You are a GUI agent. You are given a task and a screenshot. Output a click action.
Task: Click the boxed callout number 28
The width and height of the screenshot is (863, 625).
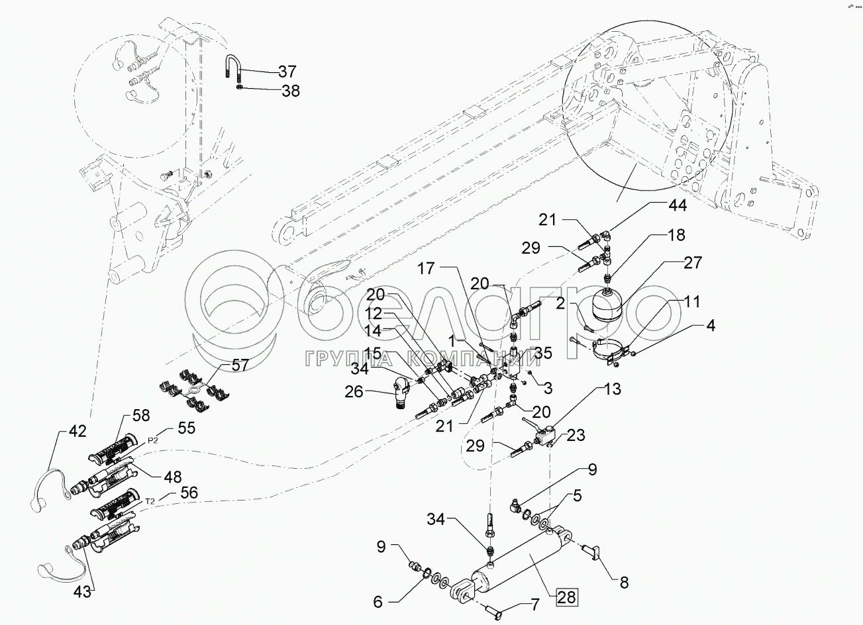click(566, 597)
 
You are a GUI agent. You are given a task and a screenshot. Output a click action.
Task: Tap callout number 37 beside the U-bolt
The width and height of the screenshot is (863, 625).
click(287, 72)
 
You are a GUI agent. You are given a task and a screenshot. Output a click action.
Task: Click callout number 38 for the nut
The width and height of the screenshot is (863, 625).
click(291, 91)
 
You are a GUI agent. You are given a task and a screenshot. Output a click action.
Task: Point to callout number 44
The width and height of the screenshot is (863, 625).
click(678, 206)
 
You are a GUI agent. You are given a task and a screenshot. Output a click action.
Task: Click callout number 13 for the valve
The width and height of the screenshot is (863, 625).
click(613, 389)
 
